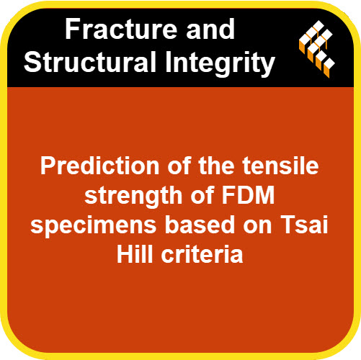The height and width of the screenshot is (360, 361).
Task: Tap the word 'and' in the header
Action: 210,29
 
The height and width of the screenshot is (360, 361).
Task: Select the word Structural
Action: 90,61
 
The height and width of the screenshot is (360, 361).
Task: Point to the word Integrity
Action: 220,64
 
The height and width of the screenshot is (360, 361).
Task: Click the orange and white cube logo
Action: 316,49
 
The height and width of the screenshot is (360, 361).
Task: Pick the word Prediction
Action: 99,166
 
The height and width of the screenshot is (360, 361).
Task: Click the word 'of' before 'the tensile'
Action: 179,166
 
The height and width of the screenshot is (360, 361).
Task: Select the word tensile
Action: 280,166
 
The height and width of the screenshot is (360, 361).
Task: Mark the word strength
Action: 133,197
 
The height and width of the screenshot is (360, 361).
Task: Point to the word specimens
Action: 93,226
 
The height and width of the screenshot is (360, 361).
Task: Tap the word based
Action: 200,225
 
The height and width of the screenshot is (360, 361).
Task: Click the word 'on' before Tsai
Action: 257,227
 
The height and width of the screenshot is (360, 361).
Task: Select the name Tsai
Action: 305,225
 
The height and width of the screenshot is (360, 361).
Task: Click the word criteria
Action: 202,254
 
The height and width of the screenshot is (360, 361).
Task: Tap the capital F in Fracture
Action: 73,29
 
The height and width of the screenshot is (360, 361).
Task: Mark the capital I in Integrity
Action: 168,61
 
